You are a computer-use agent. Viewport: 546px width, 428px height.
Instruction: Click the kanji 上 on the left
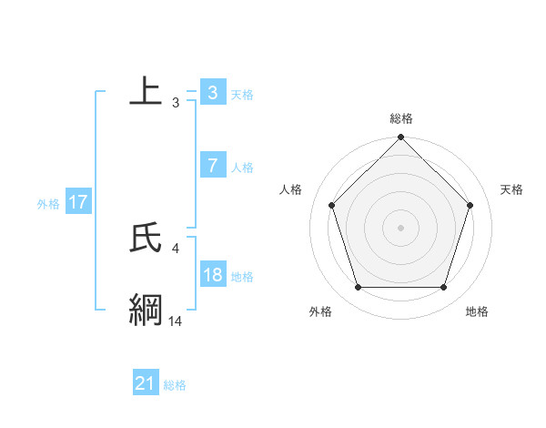pos(146,91)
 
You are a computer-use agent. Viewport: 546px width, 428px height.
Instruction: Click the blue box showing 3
pos(212,93)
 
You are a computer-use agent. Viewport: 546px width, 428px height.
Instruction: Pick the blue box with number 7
pos(212,166)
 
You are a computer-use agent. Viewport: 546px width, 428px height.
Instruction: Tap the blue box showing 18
pos(212,275)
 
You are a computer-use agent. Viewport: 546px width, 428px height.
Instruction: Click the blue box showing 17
pos(77,202)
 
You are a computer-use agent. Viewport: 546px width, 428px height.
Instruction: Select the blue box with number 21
pos(145,384)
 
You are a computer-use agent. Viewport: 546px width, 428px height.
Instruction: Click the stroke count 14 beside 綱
pos(176,321)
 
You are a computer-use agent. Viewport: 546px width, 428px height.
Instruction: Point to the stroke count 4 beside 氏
pos(176,248)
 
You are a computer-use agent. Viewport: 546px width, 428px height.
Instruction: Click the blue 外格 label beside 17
pos(48,204)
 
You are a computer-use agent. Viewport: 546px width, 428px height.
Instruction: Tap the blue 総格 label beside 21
pos(175,385)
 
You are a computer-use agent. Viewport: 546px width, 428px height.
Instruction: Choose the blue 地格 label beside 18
pos(242,277)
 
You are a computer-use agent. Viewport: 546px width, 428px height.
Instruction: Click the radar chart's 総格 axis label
pos(401,118)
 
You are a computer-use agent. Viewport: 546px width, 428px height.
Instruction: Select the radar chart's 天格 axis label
pos(511,189)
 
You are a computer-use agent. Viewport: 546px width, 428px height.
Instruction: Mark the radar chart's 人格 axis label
pos(291,189)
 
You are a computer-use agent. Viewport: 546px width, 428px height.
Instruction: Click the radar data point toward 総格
pos(401,138)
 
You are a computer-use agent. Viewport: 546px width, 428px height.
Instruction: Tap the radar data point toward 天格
pos(470,205)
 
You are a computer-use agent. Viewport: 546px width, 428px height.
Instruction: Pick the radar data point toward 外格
pos(358,288)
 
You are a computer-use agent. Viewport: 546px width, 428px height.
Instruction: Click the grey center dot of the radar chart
pos(401,228)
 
